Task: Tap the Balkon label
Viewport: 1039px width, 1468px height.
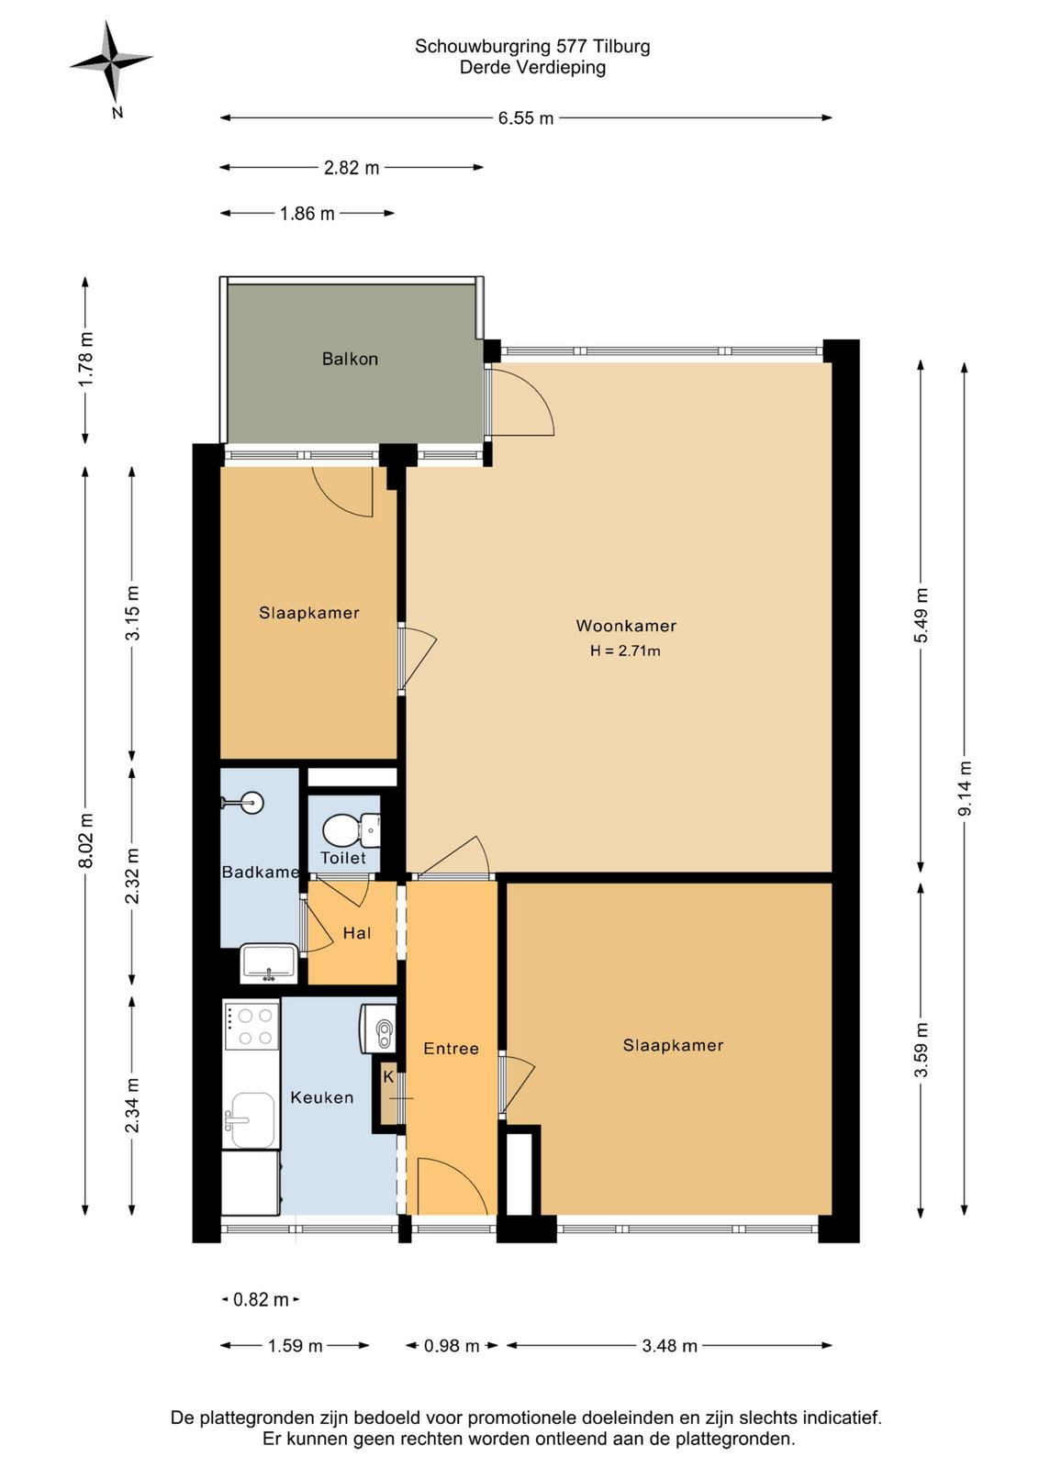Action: point(350,359)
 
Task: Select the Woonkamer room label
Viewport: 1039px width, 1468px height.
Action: point(626,625)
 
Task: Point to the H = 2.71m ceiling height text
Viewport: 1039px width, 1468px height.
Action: point(625,651)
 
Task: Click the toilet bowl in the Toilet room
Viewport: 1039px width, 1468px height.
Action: point(347,831)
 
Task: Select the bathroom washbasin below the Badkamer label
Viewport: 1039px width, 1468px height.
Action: point(269,962)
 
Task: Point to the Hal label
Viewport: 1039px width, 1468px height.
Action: point(357,933)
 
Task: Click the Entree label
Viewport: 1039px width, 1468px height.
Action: point(451,1049)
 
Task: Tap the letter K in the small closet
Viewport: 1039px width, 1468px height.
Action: point(388,1077)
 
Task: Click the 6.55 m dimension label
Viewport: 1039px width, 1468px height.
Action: point(526,118)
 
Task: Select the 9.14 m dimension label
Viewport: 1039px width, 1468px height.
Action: point(965,789)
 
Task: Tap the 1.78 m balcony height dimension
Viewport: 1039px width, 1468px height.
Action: point(86,360)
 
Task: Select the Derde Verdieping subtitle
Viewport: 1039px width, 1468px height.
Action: point(532,68)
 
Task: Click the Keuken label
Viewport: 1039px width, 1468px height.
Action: point(322,1097)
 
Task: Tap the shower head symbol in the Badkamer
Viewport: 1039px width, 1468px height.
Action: point(243,802)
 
